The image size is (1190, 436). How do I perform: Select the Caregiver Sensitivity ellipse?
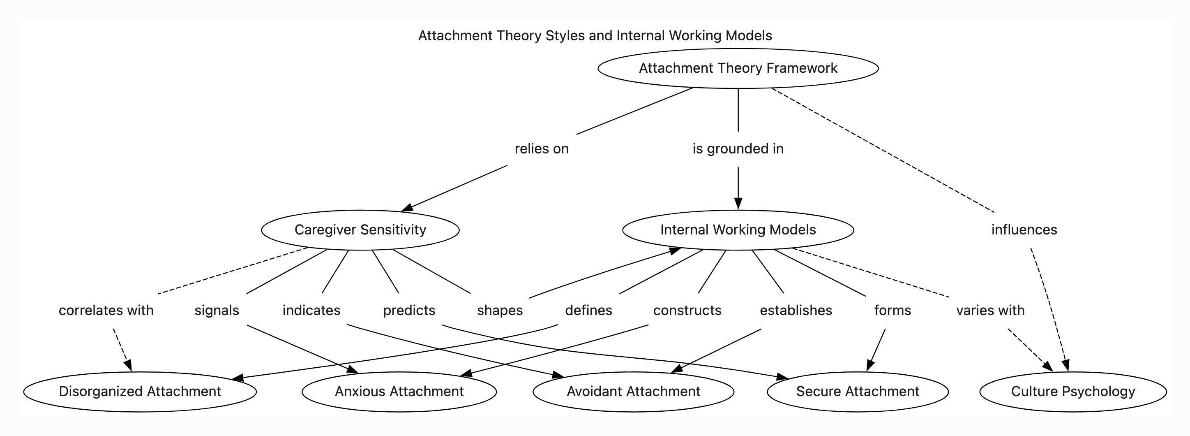[x=360, y=230]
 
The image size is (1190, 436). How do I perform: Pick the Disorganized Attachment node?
[x=140, y=392]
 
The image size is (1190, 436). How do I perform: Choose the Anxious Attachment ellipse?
[x=399, y=392]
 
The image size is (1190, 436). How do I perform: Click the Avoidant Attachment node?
[x=633, y=392]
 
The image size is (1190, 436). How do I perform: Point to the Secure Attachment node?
[x=858, y=392]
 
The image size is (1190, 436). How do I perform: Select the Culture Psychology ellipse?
[x=1073, y=392]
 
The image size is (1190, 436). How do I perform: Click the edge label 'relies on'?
[x=542, y=149]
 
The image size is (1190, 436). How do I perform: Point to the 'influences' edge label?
[x=1024, y=230]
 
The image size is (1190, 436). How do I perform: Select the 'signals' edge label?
[x=217, y=310]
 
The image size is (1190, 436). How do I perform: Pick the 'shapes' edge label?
[x=500, y=310]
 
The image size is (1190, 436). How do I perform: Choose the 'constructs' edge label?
[x=687, y=310]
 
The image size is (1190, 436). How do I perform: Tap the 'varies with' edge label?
[x=990, y=310]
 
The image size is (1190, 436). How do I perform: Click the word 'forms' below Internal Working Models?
[x=892, y=310]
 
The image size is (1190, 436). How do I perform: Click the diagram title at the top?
[x=595, y=36]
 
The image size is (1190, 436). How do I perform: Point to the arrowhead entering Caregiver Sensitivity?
[x=407, y=208]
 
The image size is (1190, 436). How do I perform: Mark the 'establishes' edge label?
[x=796, y=310]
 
